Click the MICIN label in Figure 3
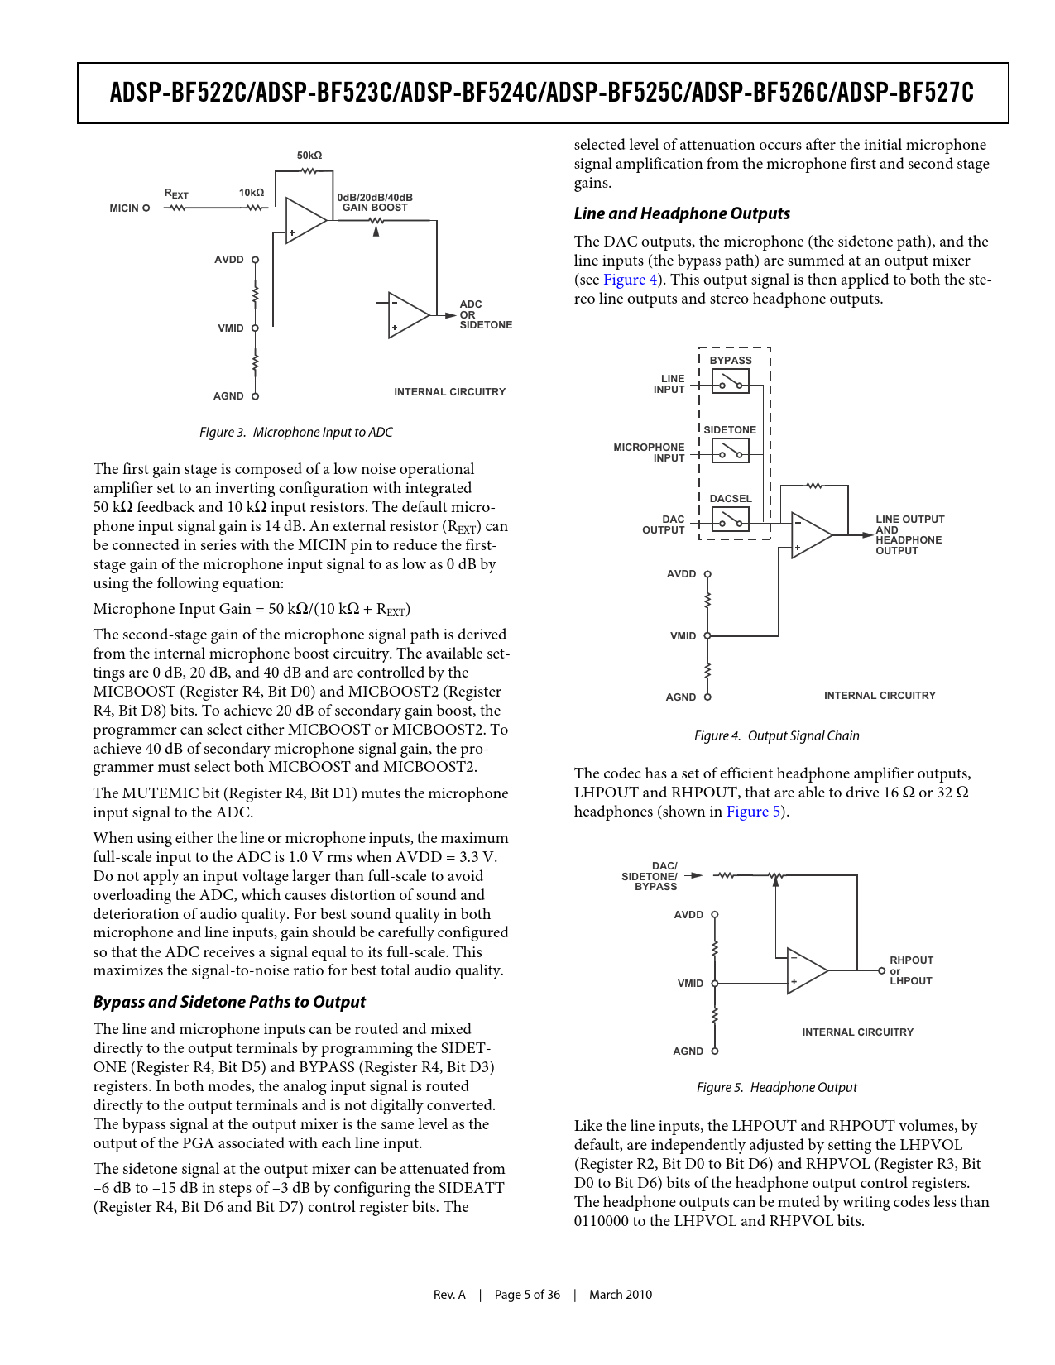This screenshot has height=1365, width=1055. (124, 208)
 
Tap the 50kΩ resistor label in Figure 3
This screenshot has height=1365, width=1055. (309, 156)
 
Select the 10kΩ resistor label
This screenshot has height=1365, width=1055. (252, 193)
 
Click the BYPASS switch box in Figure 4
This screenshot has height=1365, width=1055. (731, 381)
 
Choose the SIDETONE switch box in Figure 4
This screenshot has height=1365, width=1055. (731, 451)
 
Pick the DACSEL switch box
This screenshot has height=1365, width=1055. (731, 520)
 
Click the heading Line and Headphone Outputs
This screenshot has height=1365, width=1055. (682, 213)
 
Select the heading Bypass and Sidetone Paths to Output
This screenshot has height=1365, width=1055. (229, 1002)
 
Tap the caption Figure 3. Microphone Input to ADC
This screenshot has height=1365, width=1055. (295, 432)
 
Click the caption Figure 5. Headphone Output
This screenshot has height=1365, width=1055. (776, 1087)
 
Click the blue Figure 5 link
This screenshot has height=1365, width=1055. (753, 812)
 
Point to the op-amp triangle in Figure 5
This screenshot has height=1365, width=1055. (805, 970)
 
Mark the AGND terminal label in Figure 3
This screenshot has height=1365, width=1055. (228, 396)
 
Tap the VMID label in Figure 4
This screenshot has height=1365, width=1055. (683, 636)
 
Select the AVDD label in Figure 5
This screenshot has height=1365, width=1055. (688, 915)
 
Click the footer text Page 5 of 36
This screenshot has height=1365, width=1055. (527, 1295)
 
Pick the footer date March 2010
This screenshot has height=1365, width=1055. (620, 1295)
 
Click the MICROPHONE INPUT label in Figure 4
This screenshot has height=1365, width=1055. (649, 453)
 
